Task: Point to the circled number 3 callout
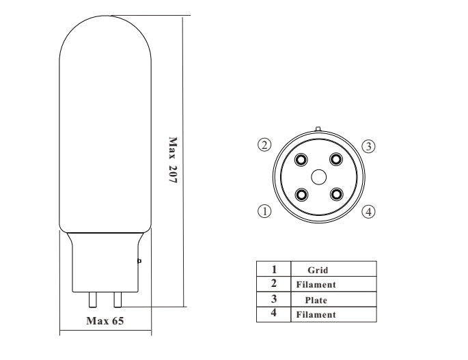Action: [x=368, y=146]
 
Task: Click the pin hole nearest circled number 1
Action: [x=301, y=194]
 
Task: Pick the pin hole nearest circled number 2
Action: [x=301, y=159]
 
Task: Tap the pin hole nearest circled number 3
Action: [x=335, y=159]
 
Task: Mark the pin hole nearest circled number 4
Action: [x=335, y=194]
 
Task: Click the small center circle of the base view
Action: [x=318, y=177]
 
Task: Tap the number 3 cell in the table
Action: [x=273, y=299]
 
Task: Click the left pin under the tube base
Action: [x=93, y=299]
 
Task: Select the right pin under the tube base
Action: [x=118, y=299]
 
